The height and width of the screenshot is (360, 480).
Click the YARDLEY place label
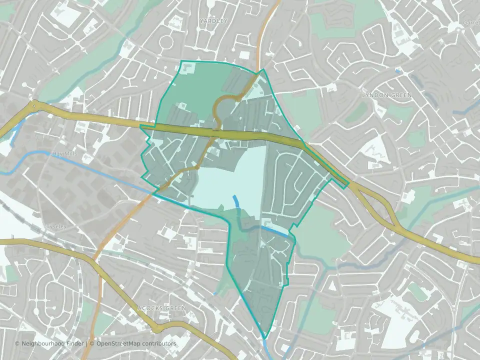[213, 21]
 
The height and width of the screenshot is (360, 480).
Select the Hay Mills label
[64, 154]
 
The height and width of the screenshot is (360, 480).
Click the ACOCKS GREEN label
[161, 308]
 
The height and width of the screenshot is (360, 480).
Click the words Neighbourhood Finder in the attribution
[50, 343]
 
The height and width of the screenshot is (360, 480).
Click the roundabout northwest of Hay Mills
[34, 105]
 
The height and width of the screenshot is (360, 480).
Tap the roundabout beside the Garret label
[458, 29]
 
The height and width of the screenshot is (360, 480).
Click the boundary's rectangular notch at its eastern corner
[344, 185]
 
